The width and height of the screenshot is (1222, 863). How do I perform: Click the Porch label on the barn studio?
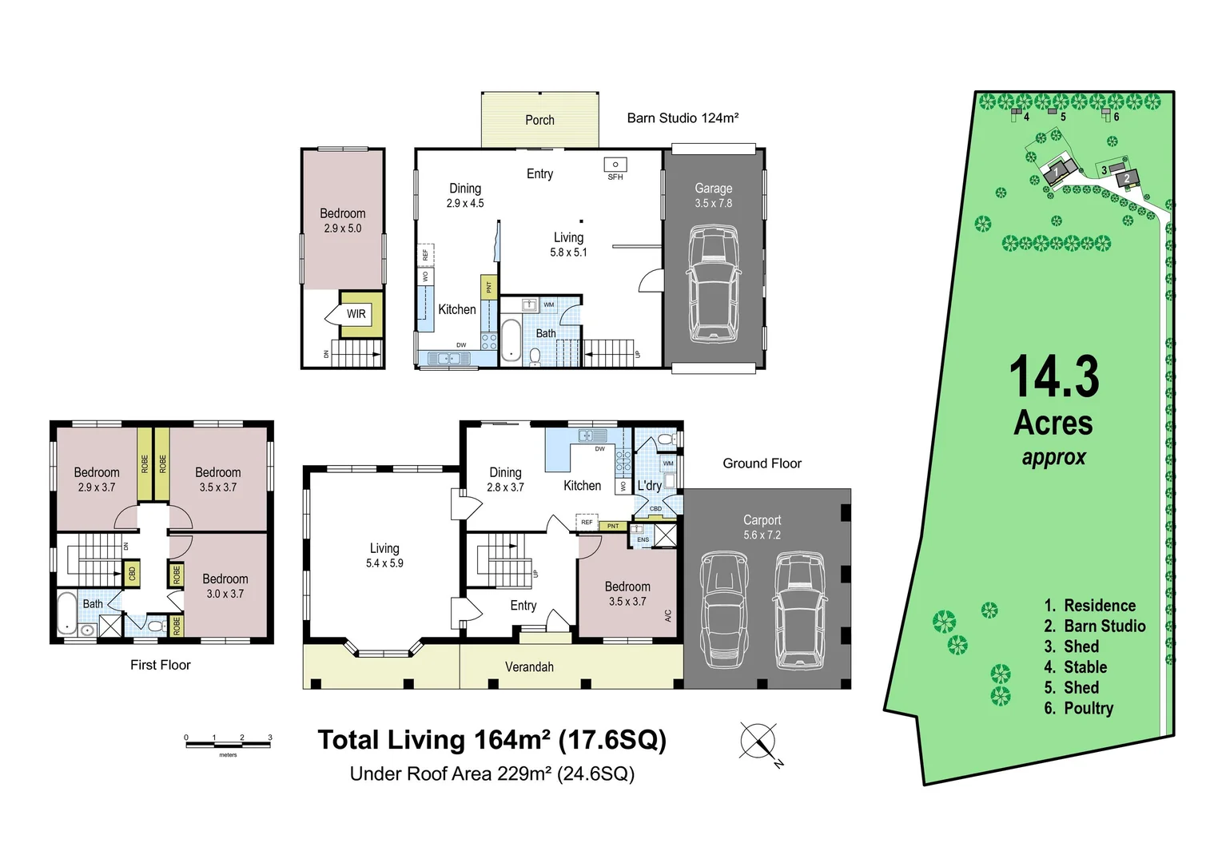click(x=539, y=120)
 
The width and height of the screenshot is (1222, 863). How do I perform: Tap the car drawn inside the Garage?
click(x=714, y=284)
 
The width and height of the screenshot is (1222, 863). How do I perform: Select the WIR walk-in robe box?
click(x=356, y=314)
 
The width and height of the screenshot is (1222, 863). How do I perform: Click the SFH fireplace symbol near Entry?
click(x=615, y=165)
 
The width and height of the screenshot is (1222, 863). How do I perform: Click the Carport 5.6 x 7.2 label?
click(x=762, y=527)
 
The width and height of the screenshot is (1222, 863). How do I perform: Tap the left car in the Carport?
click(x=724, y=611)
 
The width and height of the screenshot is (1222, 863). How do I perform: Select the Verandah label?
click(x=529, y=666)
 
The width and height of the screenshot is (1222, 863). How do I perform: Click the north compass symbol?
click(x=758, y=741)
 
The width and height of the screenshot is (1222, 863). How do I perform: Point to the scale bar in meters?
click(x=228, y=744)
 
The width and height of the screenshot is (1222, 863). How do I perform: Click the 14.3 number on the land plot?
click(x=1053, y=377)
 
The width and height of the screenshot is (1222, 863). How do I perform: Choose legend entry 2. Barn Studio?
click(x=1094, y=626)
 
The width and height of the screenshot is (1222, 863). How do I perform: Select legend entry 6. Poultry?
click(x=1078, y=708)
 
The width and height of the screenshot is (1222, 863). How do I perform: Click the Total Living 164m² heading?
click(x=492, y=740)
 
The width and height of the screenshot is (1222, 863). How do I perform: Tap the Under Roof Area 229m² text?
click(x=492, y=774)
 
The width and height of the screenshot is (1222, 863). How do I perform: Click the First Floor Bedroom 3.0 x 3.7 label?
click(x=225, y=586)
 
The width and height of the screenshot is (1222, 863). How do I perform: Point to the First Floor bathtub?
click(x=66, y=613)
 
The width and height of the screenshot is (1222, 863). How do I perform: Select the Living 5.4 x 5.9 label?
click(x=384, y=555)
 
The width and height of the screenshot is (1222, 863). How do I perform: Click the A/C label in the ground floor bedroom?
click(x=668, y=616)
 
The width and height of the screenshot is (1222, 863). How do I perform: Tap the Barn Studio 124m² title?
click(x=683, y=118)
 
